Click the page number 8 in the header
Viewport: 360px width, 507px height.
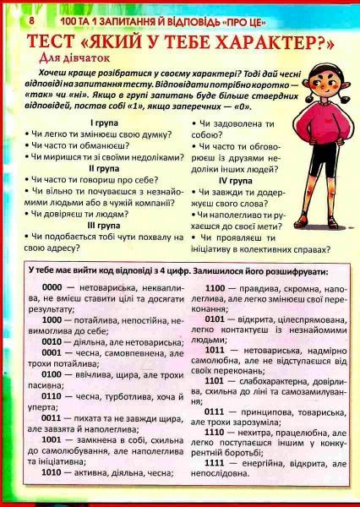coord(8,18)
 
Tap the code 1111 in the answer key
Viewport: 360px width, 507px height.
coord(215,464)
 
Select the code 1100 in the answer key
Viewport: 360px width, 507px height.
coord(215,287)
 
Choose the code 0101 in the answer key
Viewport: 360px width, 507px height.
coord(215,318)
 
